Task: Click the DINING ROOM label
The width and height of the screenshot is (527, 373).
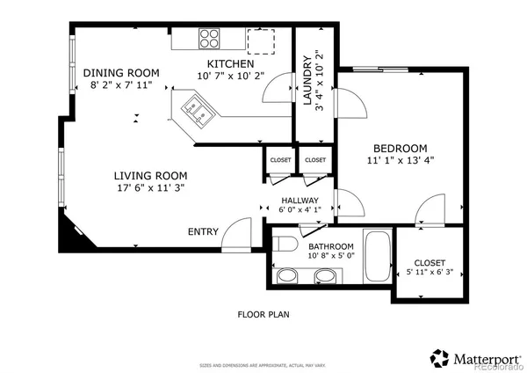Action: [121, 72]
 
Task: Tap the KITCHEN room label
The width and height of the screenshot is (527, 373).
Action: [230, 64]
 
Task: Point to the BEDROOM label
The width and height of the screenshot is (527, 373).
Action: [400, 148]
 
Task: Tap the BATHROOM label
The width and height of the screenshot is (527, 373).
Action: [330, 246]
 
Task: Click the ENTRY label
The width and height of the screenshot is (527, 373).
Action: [203, 231]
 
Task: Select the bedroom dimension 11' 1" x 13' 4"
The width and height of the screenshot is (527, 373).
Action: [401, 160]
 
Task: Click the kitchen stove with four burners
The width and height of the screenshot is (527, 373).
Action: [209, 40]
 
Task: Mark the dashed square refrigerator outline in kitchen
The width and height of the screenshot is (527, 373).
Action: [261, 41]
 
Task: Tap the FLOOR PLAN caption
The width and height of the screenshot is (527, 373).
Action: [263, 314]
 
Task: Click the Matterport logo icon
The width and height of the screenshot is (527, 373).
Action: [440, 357]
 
